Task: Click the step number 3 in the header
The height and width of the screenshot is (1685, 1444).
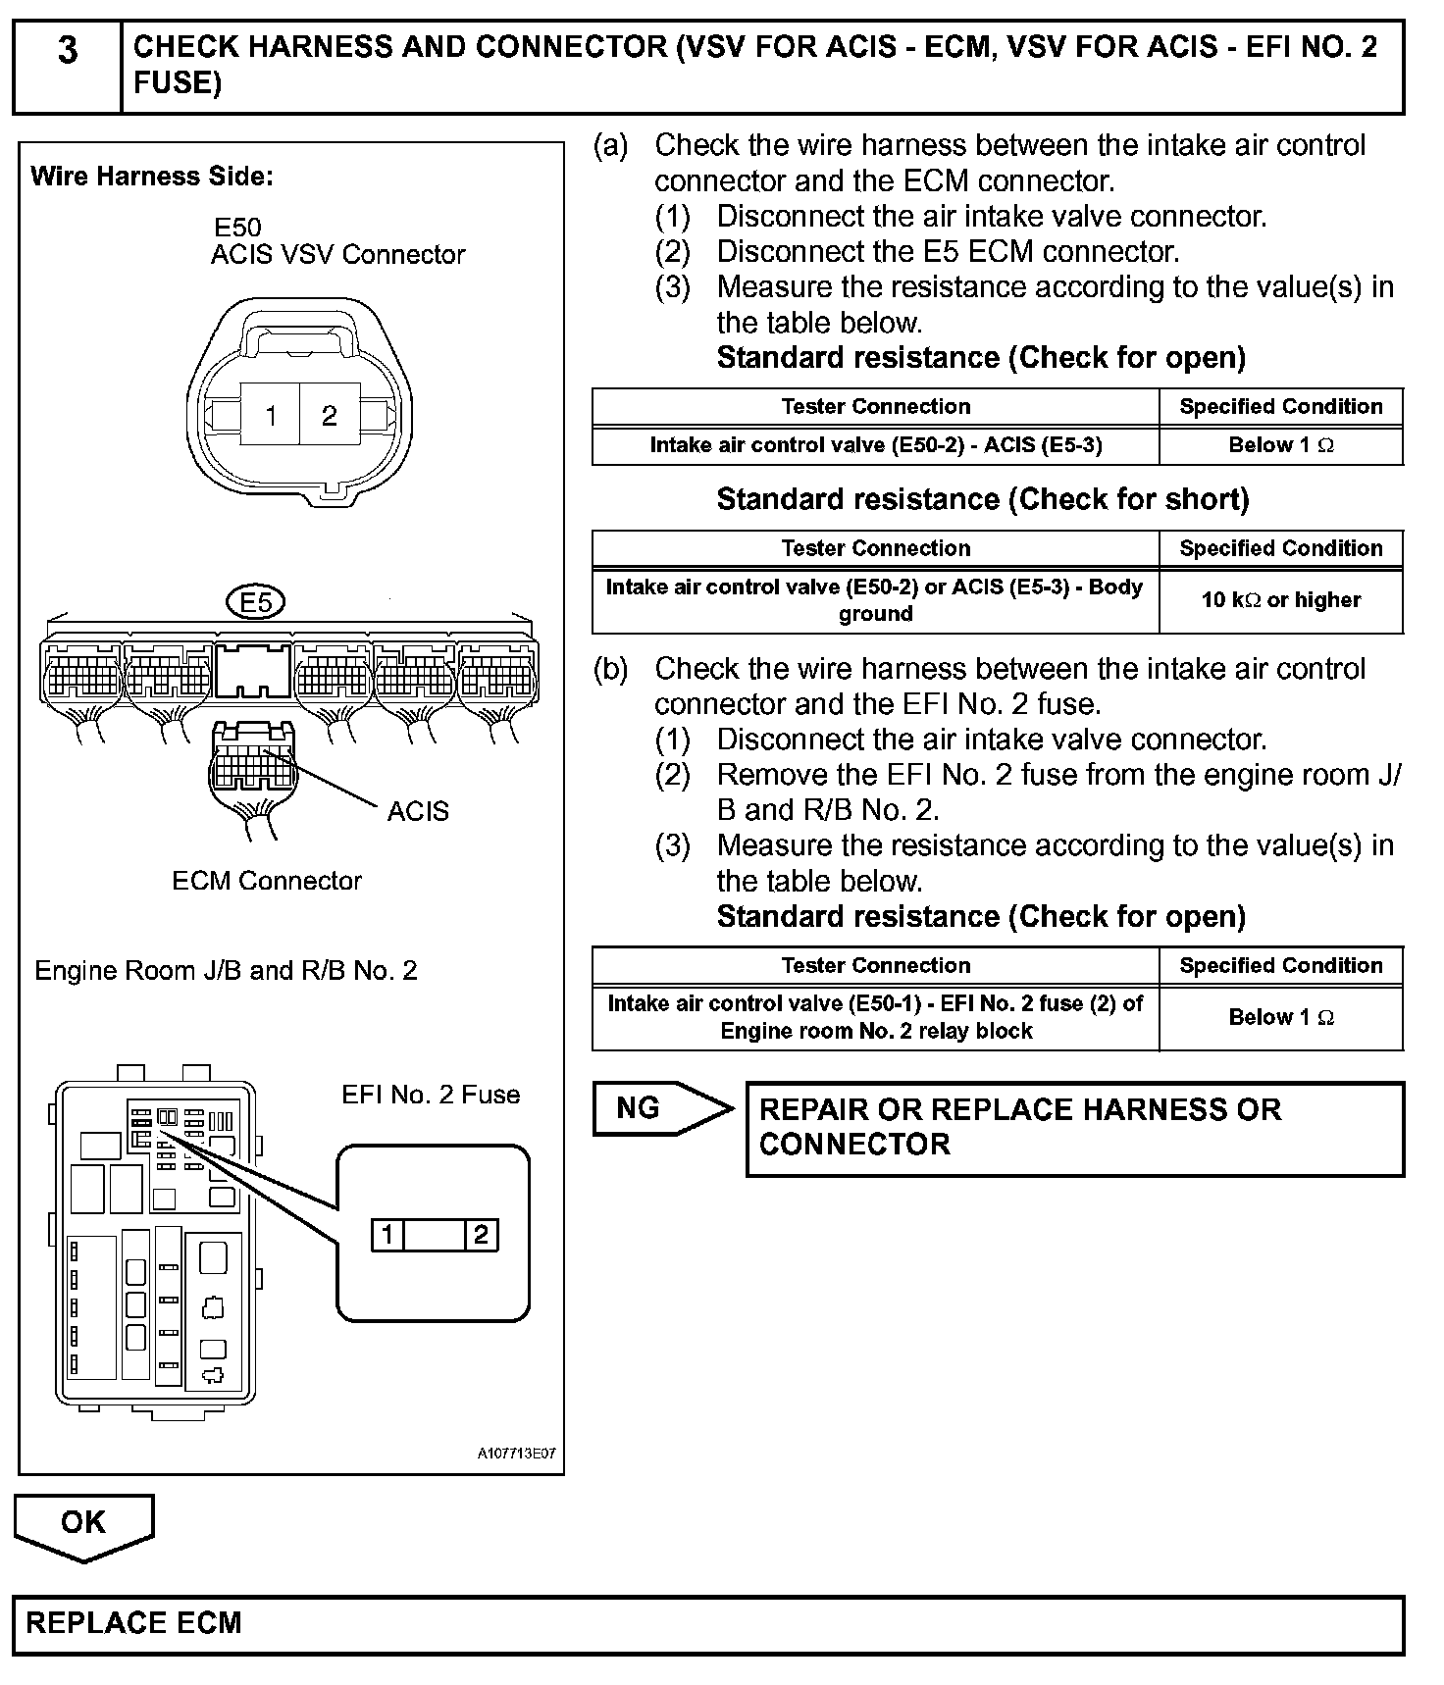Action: pyautogui.click(x=67, y=51)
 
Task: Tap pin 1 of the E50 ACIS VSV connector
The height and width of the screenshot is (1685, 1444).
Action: pyautogui.click(x=271, y=415)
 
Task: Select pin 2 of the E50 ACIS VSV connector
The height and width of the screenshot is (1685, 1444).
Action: pyautogui.click(x=330, y=415)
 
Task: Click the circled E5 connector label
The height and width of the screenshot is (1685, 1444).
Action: pyautogui.click(x=255, y=601)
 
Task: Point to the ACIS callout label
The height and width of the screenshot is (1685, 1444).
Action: pyautogui.click(x=418, y=811)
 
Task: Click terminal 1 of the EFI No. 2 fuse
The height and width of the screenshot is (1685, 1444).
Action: pyautogui.click(x=387, y=1234)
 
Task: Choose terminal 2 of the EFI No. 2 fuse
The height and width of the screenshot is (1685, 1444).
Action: pyautogui.click(x=481, y=1234)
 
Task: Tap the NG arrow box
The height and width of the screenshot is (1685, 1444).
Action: pyautogui.click(x=659, y=1108)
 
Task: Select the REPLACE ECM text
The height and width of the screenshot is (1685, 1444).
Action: pyautogui.click(x=134, y=1622)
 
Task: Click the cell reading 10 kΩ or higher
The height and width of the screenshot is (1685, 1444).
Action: pyautogui.click(x=1280, y=599)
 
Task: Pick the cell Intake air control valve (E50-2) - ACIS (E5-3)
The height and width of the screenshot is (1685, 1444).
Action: pyautogui.click(x=875, y=445)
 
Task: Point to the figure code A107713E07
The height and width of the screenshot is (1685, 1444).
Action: pyautogui.click(x=516, y=1454)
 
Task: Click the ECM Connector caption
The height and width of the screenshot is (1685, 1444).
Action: pyautogui.click(x=267, y=881)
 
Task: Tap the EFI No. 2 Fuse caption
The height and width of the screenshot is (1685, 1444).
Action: pyautogui.click(x=431, y=1095)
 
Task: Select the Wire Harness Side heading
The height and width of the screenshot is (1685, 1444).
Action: pyautogui.click(x=152, y=177)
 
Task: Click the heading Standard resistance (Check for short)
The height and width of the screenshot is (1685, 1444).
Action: pyautogui.click(x=982, y=499)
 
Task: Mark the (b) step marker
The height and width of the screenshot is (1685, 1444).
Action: pyautogui.click(x=610, y=669)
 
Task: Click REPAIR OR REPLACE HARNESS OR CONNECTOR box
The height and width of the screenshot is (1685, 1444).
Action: pyautogui.click(x=1074, y=1128)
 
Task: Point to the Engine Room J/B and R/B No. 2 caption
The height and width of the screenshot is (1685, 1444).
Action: pyautogui.click(x=226, y=971)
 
